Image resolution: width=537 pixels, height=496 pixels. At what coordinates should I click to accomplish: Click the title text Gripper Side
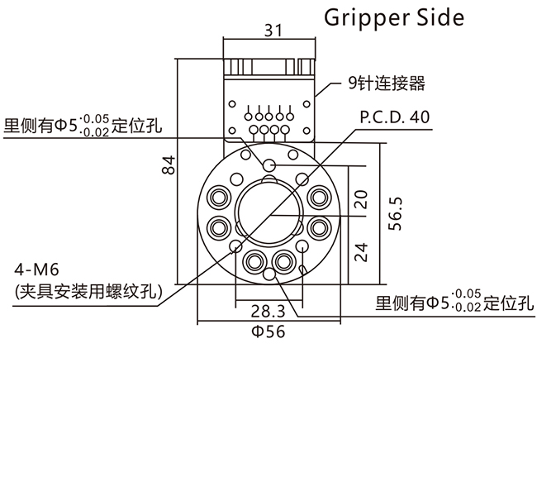pyautogui.click(x=393, y=17)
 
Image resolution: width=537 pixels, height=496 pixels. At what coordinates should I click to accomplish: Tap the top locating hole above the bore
pyautogui.click(x=268, y=165)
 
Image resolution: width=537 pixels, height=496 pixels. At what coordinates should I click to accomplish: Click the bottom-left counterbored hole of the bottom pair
pyautogui.click(x=254, y=261)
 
